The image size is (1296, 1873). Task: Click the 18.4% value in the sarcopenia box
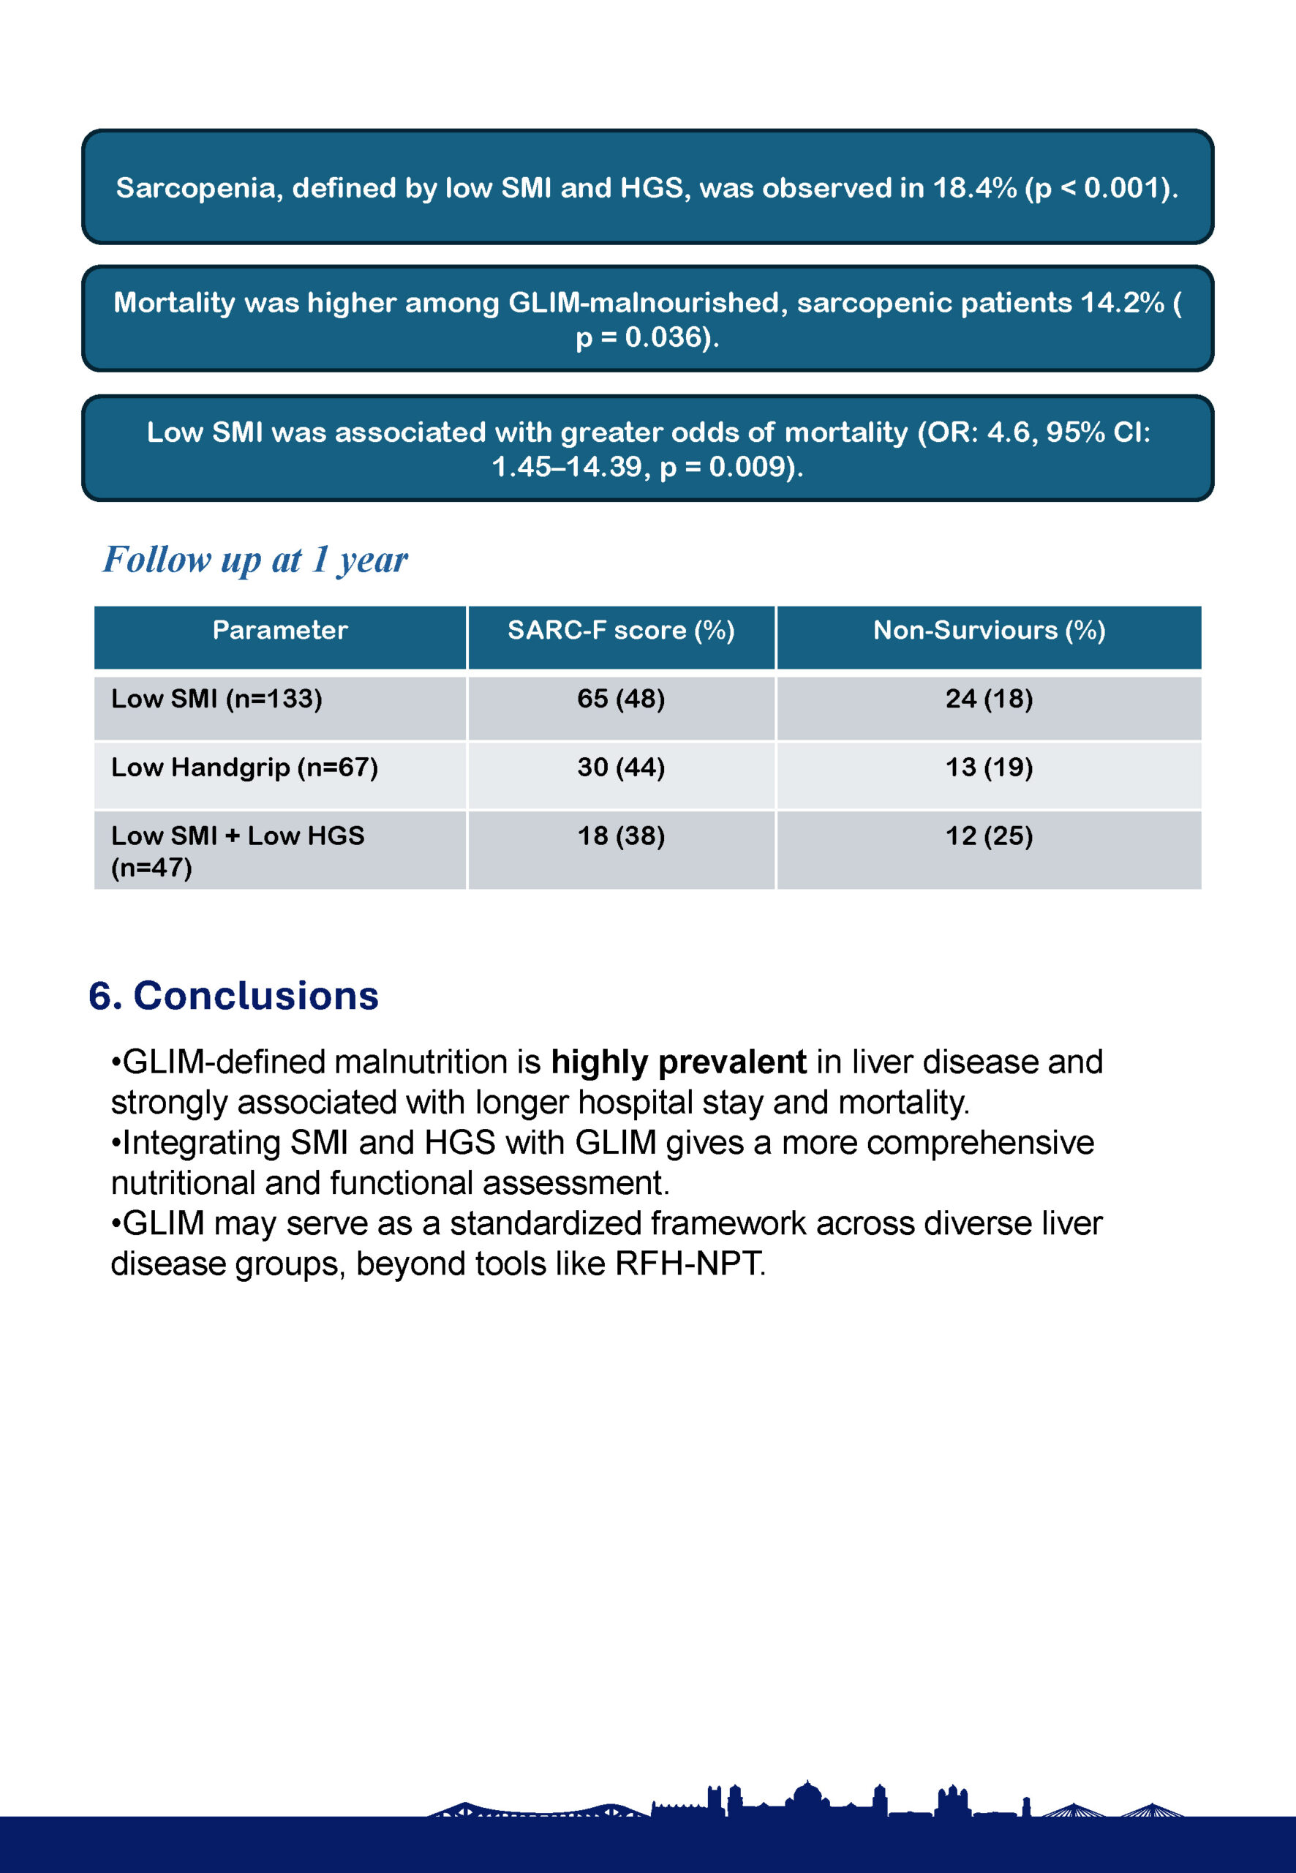click(x=973, y=189)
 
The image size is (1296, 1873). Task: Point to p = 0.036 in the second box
click(x=639, y=337)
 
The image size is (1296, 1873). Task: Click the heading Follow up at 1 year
click(x=255, y=560)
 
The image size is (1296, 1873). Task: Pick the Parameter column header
click(x=280, y=630)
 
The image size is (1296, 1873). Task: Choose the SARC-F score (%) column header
click(x=621, y=630)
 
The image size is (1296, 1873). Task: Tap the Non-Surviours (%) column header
click(x=989, y=630)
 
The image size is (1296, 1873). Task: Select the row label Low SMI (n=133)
click(x=216, y=699)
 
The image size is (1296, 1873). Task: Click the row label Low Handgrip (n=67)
click(x=244, y=767)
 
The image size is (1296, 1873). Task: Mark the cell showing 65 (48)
click(x=621, y=699)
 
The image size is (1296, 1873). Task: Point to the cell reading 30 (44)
click(x=621, y=767)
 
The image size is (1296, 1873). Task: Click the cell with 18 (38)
click(x=621, y=836)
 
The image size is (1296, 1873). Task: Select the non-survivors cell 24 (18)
click(x=989, y=699)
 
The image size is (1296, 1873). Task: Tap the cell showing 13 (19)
click(x=989, y=767)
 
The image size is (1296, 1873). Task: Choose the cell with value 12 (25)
click(x=989, y=836)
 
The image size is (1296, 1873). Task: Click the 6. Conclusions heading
click(x=234, y=996)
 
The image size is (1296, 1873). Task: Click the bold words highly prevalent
click(x=678, y=1062)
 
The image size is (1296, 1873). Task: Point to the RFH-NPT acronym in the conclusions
click(x=689, y=1264)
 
